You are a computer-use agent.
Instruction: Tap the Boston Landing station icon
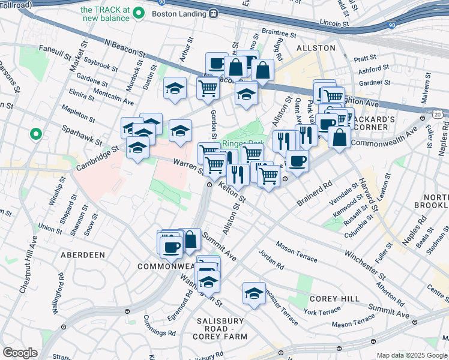click(213, 13)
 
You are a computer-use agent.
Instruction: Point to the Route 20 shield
click(438, 113)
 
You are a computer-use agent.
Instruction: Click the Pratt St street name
click(364, 58)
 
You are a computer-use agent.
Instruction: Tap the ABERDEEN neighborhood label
click(83, 255)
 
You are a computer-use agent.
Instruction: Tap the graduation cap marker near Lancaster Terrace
click(254, 292)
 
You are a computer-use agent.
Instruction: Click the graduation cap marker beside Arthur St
click(175, 88)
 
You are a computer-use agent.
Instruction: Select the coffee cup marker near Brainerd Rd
click(297, 160)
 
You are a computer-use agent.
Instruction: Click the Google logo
click(20, 353)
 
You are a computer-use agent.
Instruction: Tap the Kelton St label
click(233, 193)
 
